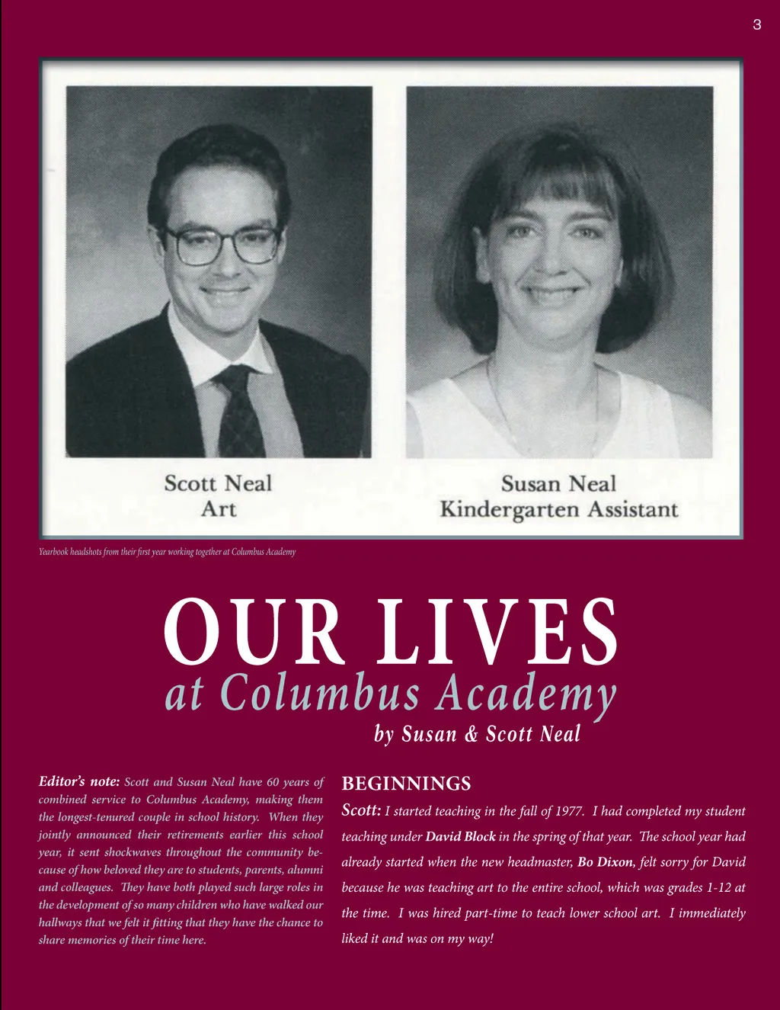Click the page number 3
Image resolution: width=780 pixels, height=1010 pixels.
tap(756, 25)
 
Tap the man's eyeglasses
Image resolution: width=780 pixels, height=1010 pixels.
tap(219, 245)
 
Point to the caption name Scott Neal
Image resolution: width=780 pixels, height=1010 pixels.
tap(218, 483)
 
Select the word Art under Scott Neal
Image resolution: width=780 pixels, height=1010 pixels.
tap(218, 508)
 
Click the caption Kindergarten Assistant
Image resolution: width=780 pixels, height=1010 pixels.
tap(558, 509)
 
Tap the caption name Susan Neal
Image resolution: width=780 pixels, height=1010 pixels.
tap(558, 483)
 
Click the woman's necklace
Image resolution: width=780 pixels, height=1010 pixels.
tap(542, 412)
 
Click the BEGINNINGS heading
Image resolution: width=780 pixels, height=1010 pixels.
tap(406, 784)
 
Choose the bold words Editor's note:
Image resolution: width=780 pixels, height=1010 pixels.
tap(79, 781)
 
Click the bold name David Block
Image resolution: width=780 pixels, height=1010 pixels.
tap(460, 836)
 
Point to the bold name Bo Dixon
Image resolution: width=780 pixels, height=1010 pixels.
tap(606, 862)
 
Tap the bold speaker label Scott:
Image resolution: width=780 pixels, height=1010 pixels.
tap(361, 810)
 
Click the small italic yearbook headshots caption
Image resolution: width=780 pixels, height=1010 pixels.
tap(167, 552)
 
